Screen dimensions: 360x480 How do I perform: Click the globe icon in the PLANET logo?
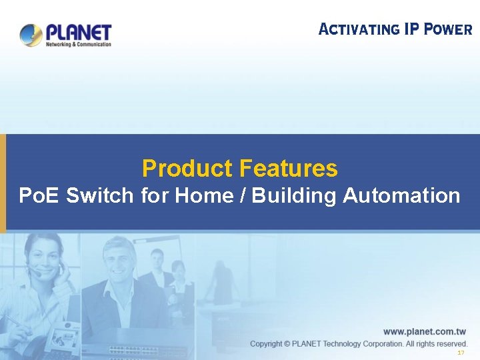tap(31, 35)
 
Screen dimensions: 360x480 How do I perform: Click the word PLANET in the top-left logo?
tap(79, 32)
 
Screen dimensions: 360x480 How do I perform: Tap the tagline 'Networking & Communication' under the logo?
tap(78, 45)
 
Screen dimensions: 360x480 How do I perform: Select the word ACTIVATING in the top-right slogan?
tap(359, 29)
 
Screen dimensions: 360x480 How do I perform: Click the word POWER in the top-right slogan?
tap(448, 29)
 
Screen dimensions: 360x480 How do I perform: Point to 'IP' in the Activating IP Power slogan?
tap(411, 29)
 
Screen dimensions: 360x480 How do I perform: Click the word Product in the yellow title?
tap(186, 169)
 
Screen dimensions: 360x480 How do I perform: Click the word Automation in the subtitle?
tap(401, 196)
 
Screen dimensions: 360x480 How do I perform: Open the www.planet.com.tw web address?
tap(424, 331)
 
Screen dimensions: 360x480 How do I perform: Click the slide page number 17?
tap(460, 353)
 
